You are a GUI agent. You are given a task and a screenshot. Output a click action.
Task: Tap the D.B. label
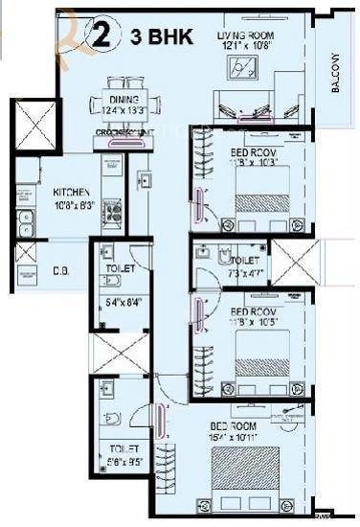tap(58, 269)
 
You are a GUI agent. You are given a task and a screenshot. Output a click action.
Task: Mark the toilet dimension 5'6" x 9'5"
tap(124, 458)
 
